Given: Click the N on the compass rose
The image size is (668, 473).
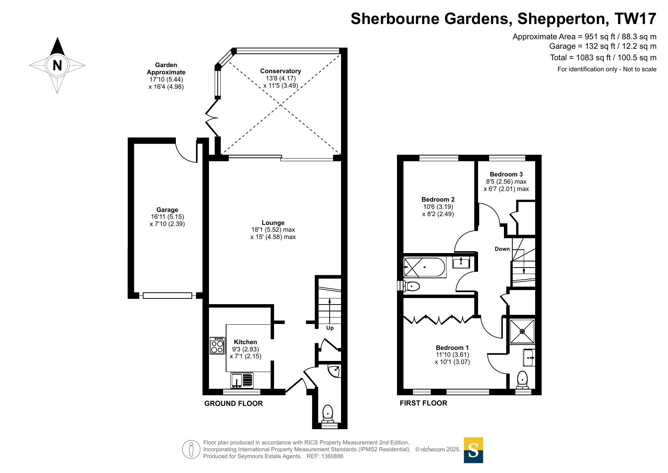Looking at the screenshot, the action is click(x=57, y=66).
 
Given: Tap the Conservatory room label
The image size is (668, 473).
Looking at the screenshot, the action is click(x=281, y=71).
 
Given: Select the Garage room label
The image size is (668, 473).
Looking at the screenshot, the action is click(x=167, y=210).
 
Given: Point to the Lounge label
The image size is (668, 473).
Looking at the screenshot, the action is click(x=273, y=223).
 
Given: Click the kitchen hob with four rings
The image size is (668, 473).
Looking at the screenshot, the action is click(x=217, y=346).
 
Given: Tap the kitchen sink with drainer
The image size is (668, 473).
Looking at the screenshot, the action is click(x=242, y=380).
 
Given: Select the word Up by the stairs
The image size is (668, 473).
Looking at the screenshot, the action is click(x=330, y=328).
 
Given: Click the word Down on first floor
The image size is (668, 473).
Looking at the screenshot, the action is click(x=502, y=249).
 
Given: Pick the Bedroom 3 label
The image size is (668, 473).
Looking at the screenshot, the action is click(x=506, y=175).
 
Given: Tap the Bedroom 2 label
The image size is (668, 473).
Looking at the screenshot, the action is click(x=438, y=200).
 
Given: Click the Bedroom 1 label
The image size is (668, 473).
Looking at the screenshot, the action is click(x=452, y=348).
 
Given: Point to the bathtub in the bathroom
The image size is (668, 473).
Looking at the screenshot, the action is click(x=424, y=267).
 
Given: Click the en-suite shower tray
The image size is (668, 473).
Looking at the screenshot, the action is click(x=522, y=331).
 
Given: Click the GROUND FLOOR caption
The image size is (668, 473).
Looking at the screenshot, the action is click(x=233, y=404).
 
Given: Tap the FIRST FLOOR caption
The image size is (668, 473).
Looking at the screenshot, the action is click(x=423, y=403).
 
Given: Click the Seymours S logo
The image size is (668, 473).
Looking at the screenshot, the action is click(x=473, y=450).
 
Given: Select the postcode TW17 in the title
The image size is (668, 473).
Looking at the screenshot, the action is click(x=635, y=19).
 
